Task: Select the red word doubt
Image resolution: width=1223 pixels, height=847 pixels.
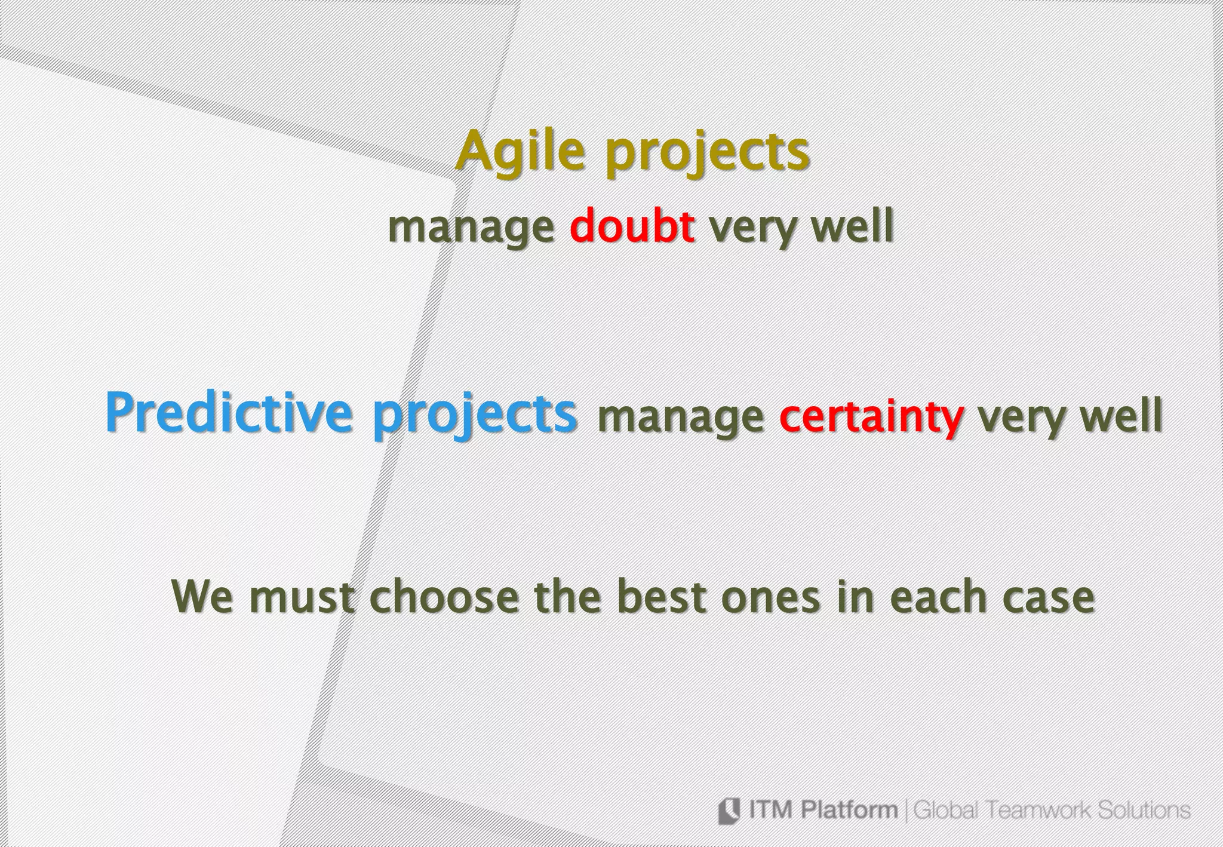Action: (632, 227)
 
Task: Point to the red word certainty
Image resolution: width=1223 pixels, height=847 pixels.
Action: (871, 417)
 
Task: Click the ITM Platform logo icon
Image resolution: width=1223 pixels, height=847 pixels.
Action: (729, 811)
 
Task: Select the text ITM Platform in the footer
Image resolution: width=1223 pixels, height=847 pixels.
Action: (822, 811)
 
